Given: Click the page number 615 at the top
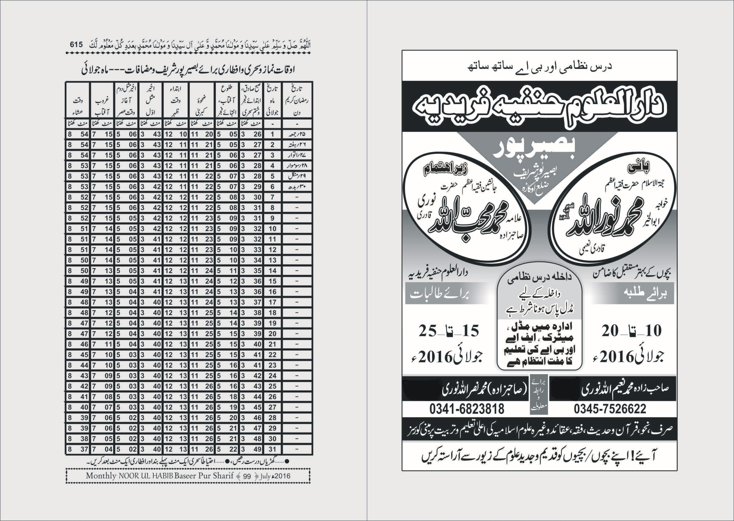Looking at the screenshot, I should click(76, 45).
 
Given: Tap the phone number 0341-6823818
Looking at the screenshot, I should click(467, 409).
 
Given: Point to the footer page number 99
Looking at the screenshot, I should click(247, 476).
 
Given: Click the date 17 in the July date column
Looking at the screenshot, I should click(272, 302).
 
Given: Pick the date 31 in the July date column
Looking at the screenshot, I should click(272, 449).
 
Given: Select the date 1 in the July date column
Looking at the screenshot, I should click(272, 134).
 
